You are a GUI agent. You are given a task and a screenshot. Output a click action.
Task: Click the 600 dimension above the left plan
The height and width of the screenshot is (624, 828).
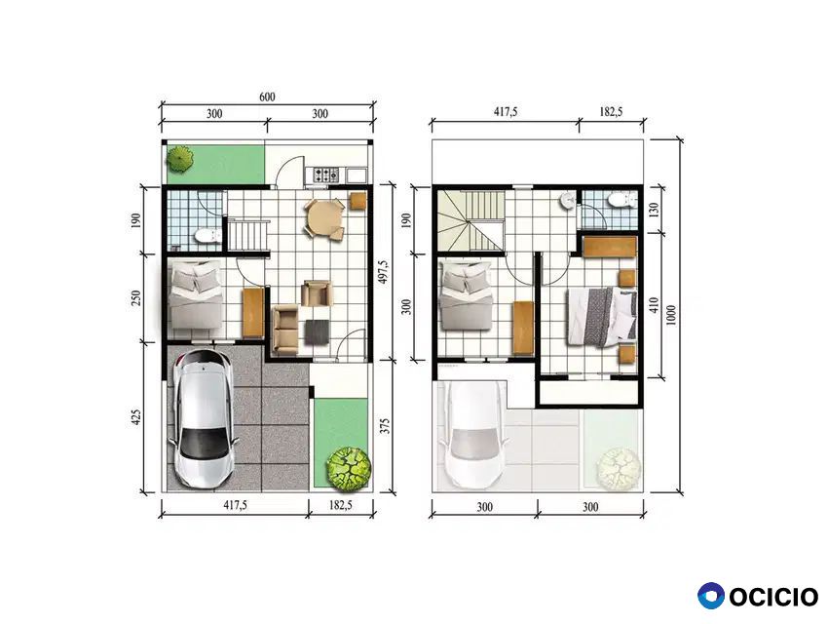point(267,97)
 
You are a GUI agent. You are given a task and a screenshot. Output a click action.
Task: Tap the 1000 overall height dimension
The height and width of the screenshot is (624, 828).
point(671,316)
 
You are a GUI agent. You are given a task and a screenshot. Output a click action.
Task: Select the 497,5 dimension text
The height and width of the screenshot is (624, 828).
point(385,271)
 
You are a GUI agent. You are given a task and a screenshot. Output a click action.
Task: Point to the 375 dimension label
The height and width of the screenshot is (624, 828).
point(386,426)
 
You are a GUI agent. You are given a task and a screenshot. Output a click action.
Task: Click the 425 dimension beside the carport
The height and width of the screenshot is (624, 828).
point(136,417)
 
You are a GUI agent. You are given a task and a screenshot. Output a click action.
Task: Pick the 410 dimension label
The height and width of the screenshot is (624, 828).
point(655,305)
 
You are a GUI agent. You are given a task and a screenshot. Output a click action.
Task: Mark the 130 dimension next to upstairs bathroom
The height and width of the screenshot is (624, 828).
point(655,210)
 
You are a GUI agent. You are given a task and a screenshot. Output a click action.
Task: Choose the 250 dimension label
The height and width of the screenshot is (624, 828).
point(136,299)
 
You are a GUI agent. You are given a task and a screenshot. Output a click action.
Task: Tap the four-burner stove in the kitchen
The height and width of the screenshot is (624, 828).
point(327,175)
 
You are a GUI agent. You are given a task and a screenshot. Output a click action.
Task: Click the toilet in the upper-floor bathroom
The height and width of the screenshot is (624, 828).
point(621,200)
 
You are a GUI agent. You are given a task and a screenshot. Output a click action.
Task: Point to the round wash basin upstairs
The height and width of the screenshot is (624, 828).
point(568,200)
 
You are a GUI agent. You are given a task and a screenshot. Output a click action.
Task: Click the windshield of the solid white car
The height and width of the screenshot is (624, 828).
point(204,440)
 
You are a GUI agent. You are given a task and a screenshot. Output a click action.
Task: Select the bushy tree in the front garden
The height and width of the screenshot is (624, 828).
point(349,468)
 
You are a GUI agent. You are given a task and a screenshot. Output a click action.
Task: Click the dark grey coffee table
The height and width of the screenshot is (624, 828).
point(317,331)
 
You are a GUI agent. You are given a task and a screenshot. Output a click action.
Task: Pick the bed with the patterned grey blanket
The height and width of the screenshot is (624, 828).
point(603,316)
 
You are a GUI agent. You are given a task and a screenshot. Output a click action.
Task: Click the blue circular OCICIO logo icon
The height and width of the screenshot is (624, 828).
point(711,596)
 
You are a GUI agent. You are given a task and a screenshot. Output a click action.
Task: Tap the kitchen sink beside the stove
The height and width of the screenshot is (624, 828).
point(357,175)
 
